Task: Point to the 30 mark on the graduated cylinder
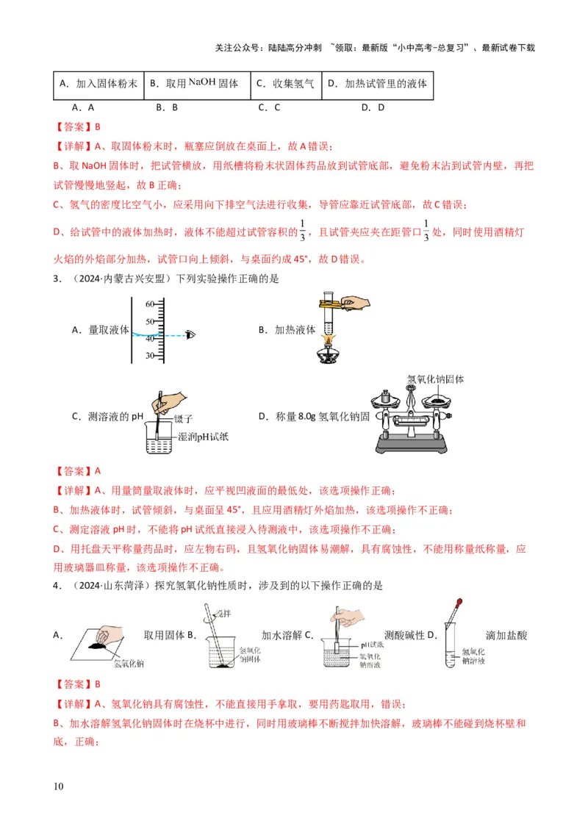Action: click(x=149, y=356)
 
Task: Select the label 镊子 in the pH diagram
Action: click(x=184, y=419)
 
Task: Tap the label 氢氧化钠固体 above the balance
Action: click(x=436, y=380)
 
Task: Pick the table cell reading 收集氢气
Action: click(x=285, y=84)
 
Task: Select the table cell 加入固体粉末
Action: click(x=98, y=84)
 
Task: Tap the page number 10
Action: click(x=59, y=786)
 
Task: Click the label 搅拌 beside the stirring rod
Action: click(x=221, y=612)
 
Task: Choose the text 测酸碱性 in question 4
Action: click(x=404, y=635)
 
